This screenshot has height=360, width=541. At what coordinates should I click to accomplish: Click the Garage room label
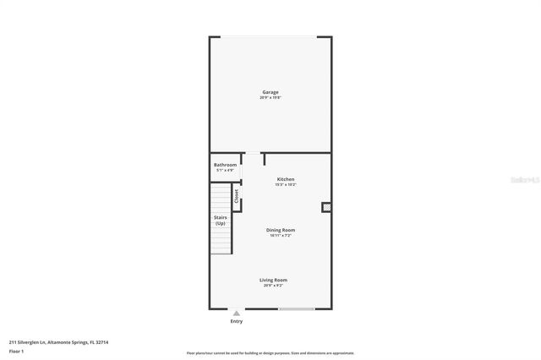[x=270, y=92]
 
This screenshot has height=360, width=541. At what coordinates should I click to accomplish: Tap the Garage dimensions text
[x=270, y=98]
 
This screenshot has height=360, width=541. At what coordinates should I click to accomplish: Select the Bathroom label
[x=225, y=165]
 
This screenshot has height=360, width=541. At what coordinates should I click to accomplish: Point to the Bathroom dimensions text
[x=225, y=171]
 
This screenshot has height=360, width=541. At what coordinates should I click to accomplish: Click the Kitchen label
[x=286, y=179]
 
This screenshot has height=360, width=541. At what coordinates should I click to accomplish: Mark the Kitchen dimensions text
[x=286, y=185]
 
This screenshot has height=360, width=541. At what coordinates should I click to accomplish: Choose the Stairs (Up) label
[x=220, y=221]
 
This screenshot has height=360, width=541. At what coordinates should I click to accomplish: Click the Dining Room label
[x=281, y=230]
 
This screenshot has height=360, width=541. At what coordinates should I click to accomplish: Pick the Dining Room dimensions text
[x=281, y=236]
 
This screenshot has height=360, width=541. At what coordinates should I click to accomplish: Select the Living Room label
[x=273, y=280]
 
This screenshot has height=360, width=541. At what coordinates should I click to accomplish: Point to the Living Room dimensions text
[x=273, y=286]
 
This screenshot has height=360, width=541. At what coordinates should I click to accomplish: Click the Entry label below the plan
[x=237, y=321]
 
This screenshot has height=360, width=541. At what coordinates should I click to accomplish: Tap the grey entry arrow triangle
[x=237, y=314]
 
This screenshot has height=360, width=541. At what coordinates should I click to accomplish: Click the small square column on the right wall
[x=325, y=206]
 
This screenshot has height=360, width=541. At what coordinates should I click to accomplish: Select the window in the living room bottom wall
[x=297, y=308]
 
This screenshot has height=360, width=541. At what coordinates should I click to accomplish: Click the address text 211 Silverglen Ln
[x=58, y=342]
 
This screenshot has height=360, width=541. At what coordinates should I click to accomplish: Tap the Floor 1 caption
[x=16, y=351]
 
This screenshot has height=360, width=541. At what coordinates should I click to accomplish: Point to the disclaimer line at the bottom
[x=270, y=353]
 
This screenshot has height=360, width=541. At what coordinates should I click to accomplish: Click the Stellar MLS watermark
[x=525, y=180]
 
